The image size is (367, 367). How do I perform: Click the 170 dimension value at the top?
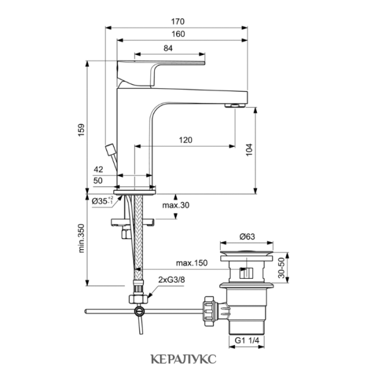177,21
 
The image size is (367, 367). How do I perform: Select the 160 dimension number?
178,34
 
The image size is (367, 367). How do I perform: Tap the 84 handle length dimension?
168,48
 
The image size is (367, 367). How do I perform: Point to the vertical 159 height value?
81,130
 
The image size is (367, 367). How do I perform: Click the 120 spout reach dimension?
185,140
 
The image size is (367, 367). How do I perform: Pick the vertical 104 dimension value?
250,150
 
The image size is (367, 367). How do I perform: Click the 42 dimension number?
98,169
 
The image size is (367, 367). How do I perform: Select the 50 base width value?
98,180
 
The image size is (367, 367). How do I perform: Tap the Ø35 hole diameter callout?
102,201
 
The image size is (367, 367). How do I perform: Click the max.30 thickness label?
176,206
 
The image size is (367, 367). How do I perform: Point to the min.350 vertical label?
81,239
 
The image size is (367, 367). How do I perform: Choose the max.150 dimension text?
191,263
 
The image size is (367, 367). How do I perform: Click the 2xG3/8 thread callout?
171,280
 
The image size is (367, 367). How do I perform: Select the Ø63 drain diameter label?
247,237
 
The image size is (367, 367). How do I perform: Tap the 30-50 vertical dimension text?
282,268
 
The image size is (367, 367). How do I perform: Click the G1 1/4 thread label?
247,341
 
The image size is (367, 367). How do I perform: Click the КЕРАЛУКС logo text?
183,359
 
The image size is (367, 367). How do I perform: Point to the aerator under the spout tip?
235,106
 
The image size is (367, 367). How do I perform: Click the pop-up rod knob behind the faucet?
110,149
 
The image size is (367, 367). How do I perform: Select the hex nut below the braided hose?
138,299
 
